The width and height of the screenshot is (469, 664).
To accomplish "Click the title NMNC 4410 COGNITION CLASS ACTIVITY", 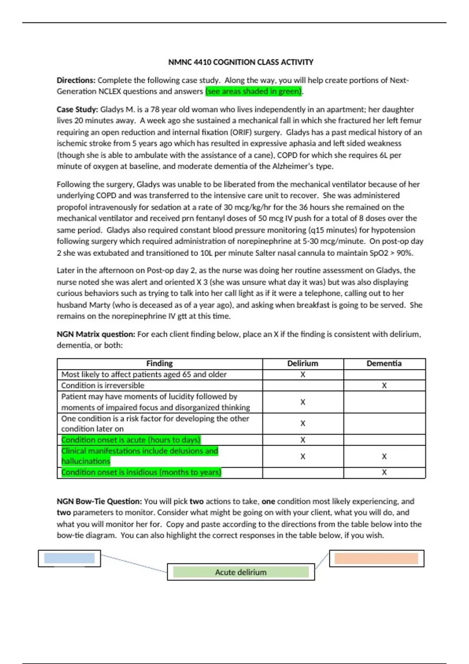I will pos(240,62).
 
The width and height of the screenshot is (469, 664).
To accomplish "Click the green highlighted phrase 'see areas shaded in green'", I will pos(254,91).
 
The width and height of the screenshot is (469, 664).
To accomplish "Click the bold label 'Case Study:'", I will pos(77,109).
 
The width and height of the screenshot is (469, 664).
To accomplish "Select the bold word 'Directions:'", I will pos(76,80).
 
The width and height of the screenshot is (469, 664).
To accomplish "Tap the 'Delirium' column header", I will pos(303,364).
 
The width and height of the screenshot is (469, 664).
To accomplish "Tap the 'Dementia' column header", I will pos(384,364).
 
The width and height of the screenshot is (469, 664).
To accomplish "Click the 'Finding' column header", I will pos(159,364).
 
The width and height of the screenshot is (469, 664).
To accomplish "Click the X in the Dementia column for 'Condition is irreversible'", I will pos(384,386).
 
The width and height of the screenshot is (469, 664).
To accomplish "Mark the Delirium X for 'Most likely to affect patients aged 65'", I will pos(303,375).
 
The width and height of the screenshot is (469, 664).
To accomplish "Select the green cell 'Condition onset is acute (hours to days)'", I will pos(131,440).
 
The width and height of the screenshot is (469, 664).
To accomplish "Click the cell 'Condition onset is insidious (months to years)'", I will pos(141,472).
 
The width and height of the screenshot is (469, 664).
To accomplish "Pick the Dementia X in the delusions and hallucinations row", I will pos(384,456).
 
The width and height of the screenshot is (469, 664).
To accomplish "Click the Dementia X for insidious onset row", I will pos(384,472).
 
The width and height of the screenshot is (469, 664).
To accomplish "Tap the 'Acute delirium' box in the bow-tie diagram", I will pos(241,572).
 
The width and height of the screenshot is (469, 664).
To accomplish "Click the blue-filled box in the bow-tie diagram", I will pos(69,558).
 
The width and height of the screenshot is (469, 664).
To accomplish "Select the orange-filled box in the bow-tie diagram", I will pos(376,558).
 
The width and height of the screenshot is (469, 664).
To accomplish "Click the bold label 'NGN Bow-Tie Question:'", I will pos(99,502).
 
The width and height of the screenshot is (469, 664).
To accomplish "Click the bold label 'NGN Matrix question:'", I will pos(96,334).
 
